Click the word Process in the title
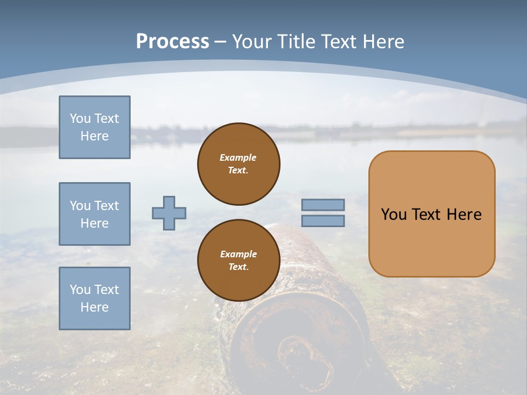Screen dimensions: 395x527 (172, 41)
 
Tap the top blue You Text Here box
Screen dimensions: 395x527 (94, 127)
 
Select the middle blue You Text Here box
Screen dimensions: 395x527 (94, 214)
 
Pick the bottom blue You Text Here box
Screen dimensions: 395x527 (94, 298)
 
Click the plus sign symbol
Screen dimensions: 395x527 (169, 213)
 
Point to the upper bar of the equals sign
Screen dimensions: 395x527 (323, 205)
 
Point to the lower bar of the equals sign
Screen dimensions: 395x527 (323, 221)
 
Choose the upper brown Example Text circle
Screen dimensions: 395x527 (239, 163)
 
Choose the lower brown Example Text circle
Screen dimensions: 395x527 (239, 260)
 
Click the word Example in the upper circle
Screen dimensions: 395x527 (238, 157)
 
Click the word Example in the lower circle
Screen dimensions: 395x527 (238, 254)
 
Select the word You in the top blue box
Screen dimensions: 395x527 (80, 119)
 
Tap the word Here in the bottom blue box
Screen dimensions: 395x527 (94, 307)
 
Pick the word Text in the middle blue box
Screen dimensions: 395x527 (105, 206)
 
